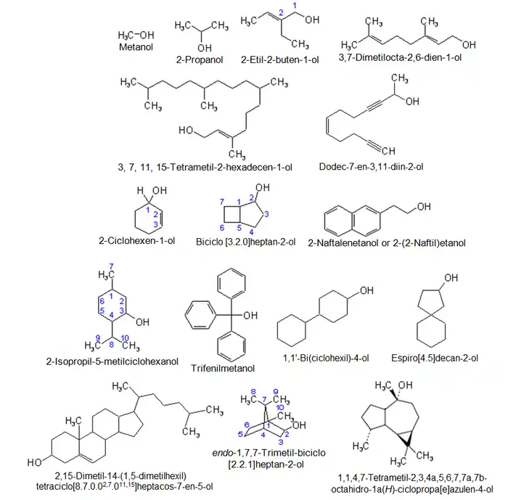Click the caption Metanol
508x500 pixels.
click(136, 47)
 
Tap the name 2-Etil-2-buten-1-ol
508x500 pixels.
click(280, 59)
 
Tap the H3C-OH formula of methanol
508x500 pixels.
click(136, 35)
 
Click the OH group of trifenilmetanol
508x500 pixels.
click(250, 316)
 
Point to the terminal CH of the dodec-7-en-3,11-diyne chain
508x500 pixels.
click(387, 151)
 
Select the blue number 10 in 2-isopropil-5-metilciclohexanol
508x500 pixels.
click(126, 337)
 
